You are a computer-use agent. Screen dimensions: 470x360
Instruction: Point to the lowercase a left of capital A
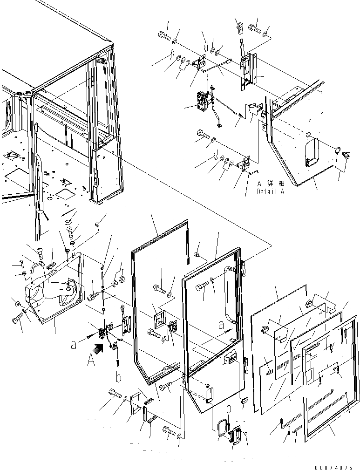[x=73, y=345]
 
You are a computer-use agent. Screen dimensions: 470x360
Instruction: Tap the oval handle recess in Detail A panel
[x=311, y=152]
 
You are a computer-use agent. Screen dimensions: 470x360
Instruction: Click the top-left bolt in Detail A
[x=163, y=34]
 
